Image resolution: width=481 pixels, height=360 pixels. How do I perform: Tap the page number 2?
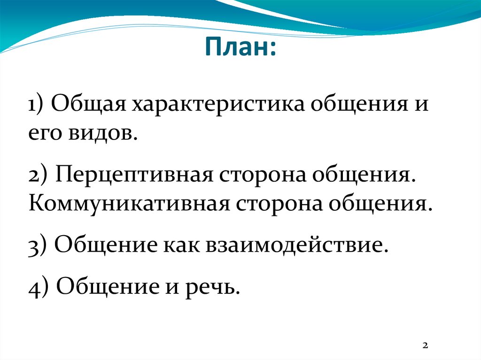(x=425, y=345)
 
